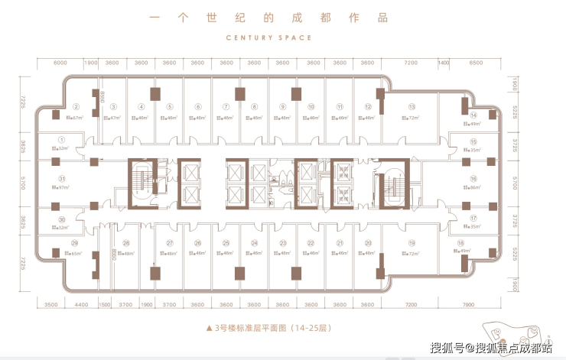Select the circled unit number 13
(x=411, y=107)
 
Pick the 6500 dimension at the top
(x=476, y=62)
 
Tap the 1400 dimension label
(x=443, y=62)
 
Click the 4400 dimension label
(x=80, y=304)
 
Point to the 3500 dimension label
(x=52, y=304)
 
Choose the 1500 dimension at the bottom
(x=104, y=304)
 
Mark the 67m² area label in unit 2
(x=74, y=118)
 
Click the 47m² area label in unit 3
(x=113, y=118)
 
